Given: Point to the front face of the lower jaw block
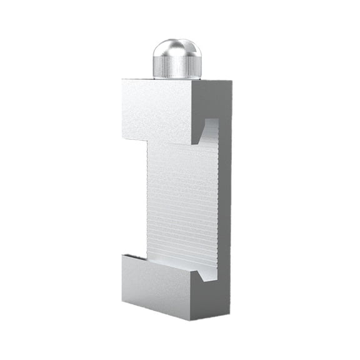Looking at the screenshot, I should (x=156, y=287).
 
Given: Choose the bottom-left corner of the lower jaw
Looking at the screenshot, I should (x=123, y=299).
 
